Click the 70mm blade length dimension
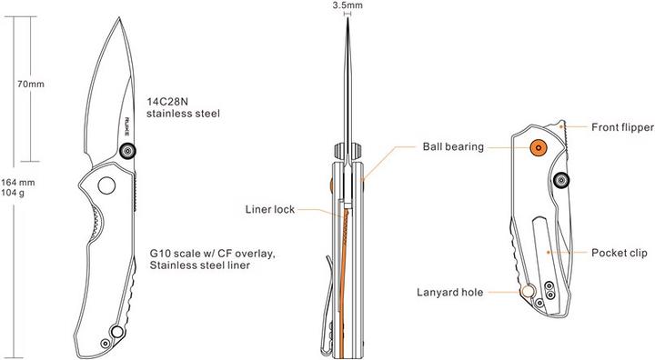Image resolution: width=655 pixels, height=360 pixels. click(x=31, y=85)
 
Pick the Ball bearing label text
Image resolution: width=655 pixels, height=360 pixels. click(x=452, y=145)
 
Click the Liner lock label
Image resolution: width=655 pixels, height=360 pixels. click(x=270, y=208)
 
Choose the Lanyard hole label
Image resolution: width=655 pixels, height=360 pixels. click(x=449, y=292)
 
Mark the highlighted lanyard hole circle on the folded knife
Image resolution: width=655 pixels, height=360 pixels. click(x=528, y=292)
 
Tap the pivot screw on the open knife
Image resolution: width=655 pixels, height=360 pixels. click(x=128, y=151)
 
